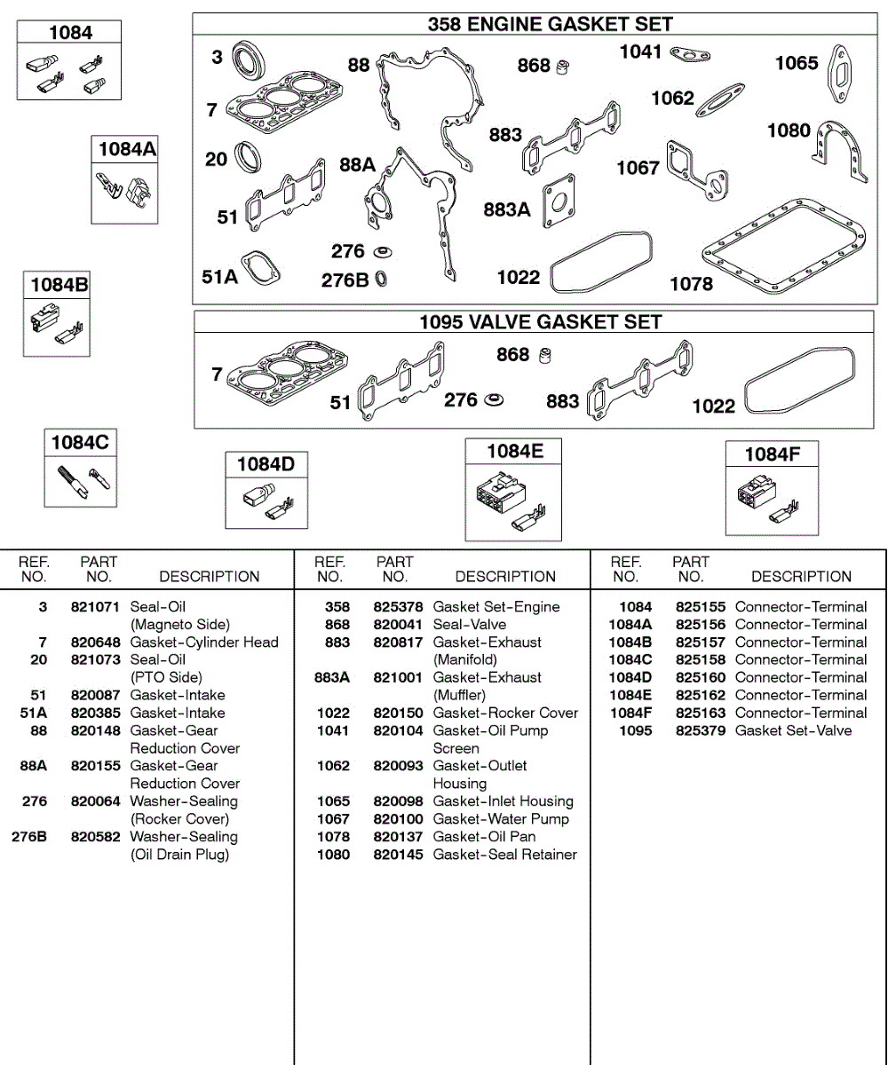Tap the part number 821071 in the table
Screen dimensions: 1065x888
point(95,607)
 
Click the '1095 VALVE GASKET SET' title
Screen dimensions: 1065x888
point(541,321)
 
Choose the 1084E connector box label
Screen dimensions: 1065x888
point(514,452)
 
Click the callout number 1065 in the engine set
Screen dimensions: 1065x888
point(797,62)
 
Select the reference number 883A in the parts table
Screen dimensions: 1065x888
point(332,677)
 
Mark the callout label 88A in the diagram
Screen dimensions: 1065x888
point(358,165)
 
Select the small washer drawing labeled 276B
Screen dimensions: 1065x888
point(381,280)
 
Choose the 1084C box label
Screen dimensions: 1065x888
point(80,442)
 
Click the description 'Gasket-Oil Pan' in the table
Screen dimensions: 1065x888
point(484,837)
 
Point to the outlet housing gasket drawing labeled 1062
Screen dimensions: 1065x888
point(720,99)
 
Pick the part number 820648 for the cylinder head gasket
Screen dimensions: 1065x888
point(95,643)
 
